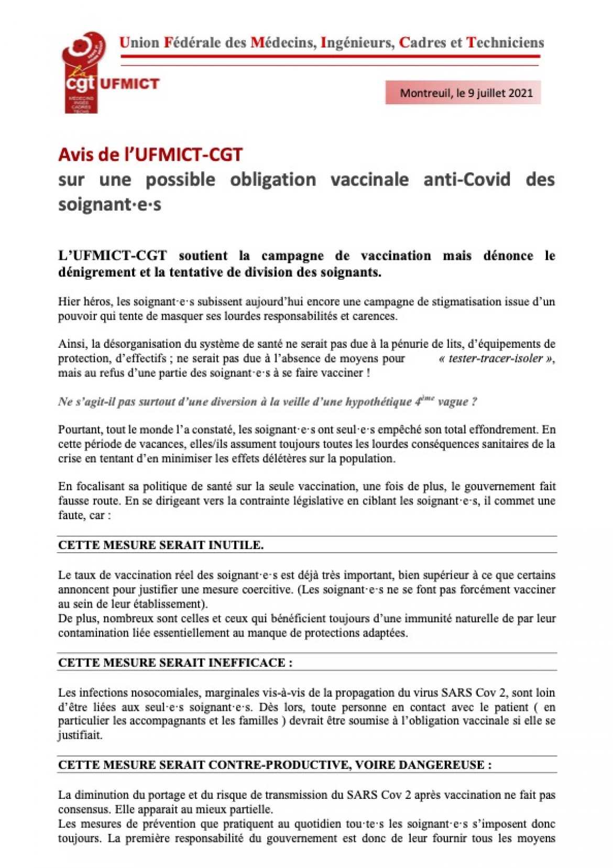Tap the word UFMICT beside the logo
click(x=129, y=84)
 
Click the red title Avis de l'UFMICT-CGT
click(x=150, y=154)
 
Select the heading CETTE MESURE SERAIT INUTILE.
click(x=161, y=545)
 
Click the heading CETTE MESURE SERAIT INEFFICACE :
click(x=175, y=663)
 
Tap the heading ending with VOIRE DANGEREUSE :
click(x=275, y=765)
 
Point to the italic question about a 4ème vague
click(x=267, y=402)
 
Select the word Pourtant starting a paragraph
click(x=80, y=430)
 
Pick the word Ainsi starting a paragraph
click(x=72, y=344)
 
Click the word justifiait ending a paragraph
click(x=80, y=735)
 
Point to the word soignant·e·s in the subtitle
click(x=110, y=204)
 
